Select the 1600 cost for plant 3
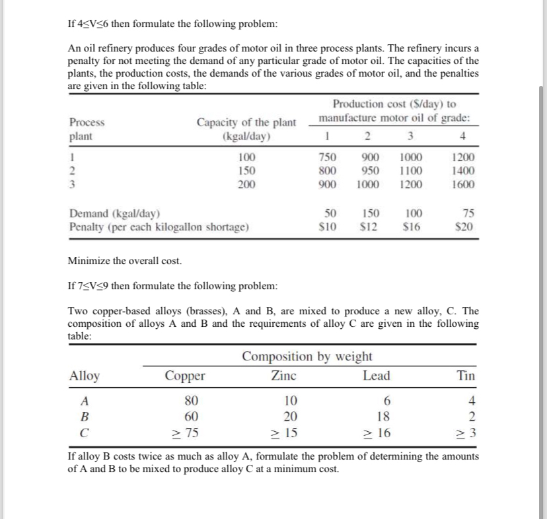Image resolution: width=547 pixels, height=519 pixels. pos(462,184)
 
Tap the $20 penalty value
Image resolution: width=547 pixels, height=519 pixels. pos(464,226)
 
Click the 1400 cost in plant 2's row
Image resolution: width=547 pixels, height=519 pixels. pos(462,171)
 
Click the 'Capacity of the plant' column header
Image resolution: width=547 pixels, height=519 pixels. pos(246,122)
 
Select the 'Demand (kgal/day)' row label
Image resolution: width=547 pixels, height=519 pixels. pos(115,214)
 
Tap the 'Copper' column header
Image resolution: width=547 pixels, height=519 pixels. pos(185,376)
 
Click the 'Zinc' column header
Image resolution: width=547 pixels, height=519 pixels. pos(284,376)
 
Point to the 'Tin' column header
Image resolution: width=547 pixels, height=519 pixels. pos(465,376)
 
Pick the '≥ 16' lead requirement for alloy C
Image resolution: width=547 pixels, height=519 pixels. pos(377,433)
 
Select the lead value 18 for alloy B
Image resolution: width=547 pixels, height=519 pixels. pos(381,417)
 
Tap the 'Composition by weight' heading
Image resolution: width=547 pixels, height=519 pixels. pos(307,357)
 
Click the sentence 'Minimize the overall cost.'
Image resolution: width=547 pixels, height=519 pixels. pos(125,261)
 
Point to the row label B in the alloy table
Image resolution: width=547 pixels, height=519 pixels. pos(84,417)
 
